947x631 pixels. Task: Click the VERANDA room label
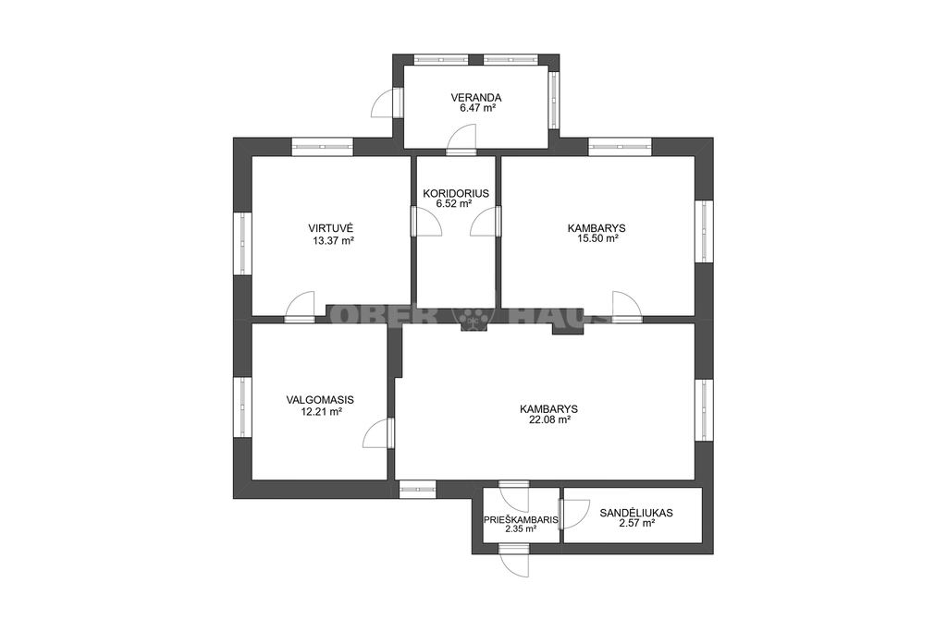click(x=476, y=97)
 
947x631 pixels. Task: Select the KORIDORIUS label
click(x=456, y=194)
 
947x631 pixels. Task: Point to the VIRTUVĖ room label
click(x=330, y=228)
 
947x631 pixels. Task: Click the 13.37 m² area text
click(x=333, y=241)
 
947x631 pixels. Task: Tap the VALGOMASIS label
click(x=320, y=400)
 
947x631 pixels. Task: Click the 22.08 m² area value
click(x=550, y=419)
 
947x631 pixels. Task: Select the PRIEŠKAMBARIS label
click(x=521, y=519)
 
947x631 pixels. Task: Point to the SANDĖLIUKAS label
click(x=636, y=514)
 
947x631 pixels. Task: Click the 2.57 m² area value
click(x=636, y=524)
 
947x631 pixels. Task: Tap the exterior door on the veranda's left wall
click(x=387, y=103)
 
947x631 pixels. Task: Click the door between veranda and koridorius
click(x=461, y=140)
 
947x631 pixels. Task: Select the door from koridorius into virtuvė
click(x=427, y=221)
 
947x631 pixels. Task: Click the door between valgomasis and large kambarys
click(x=378, y=433)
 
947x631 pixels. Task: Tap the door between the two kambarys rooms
click(x=626, y=307)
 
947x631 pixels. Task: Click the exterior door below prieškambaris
click(x=514, y=561)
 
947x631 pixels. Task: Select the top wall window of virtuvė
click(x=323, y=147)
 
